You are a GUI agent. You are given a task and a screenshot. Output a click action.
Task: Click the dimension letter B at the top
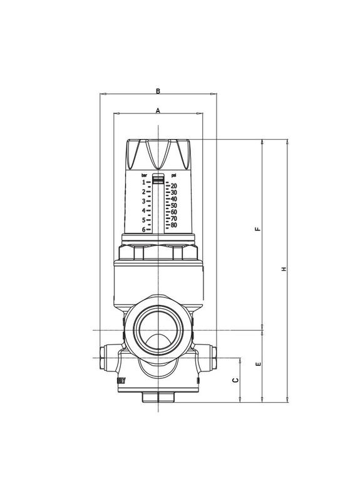pos(158,91)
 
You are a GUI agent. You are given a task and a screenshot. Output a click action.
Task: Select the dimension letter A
pos(158,110)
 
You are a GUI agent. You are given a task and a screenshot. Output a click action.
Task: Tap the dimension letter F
pos(257,229)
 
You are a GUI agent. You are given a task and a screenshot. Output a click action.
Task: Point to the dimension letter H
pos(283,269)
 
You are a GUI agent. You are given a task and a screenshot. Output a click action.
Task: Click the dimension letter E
pos(257,364)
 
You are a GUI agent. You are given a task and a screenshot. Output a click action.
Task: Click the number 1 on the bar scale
pos(143,182)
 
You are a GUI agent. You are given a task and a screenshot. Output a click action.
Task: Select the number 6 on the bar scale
pos(143,230)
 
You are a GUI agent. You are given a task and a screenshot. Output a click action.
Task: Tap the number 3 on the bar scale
pos(143,201)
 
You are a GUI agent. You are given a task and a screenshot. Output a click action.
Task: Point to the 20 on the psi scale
pos(173,186)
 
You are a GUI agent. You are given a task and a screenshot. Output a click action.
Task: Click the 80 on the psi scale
pos(173,225)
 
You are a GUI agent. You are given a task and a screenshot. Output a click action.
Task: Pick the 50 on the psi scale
pos(173,205)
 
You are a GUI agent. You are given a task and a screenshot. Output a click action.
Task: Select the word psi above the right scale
pos(172,175)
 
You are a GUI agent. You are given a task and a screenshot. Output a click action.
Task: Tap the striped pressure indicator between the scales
pos(158,178)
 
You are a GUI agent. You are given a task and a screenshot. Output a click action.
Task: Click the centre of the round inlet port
pos(158,329)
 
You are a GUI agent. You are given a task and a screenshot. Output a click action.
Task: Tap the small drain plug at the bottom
pos(158,396)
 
